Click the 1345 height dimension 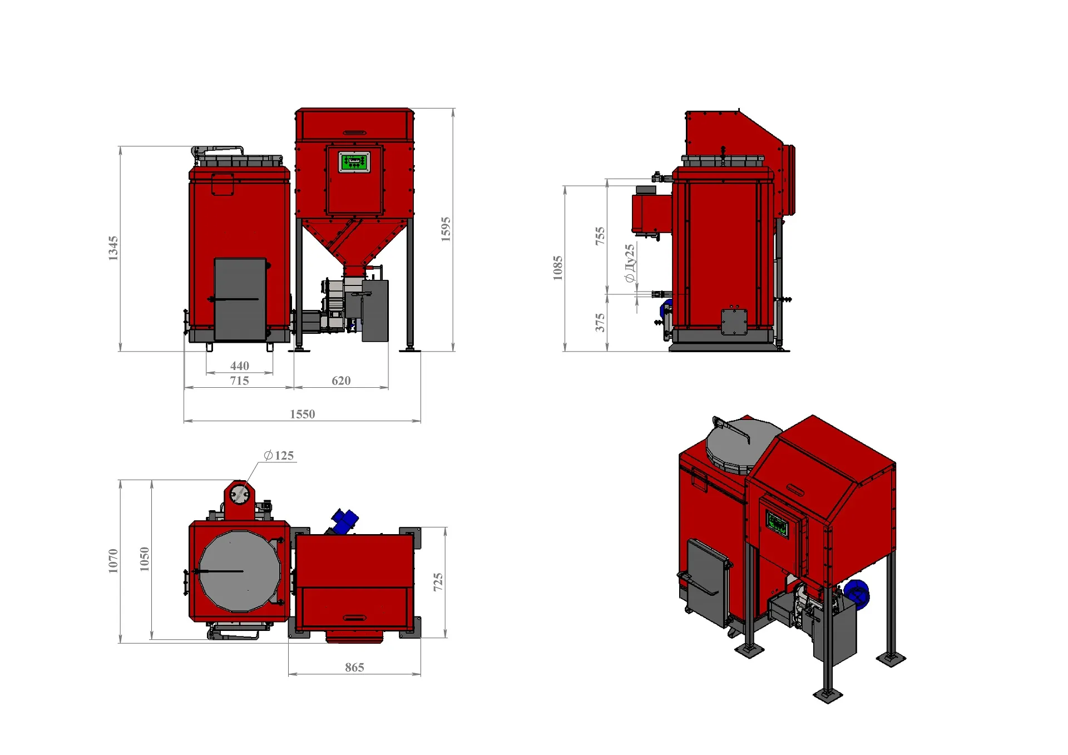tap(113, 248)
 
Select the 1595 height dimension tap(446, 229)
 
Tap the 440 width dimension tap(240, 366)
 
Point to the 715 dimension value tap(240, 381)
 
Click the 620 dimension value tap(341, 381)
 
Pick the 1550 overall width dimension tap(303, 414)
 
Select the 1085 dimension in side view tap(558, 268)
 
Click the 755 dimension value tap(600, 236)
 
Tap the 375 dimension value tap(600, 323)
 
